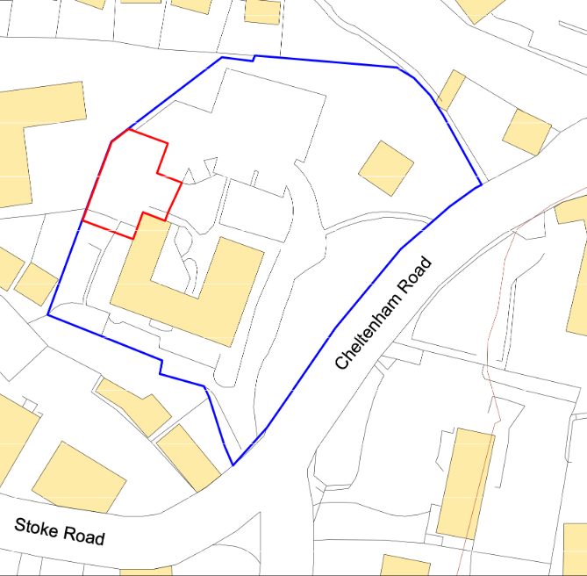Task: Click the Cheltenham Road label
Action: coord(383,313)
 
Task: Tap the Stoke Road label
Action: coord(60,531)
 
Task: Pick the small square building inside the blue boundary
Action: coord(385,168)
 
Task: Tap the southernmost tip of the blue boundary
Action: coord(233,465)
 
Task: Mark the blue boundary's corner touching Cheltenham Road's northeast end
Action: coord(481,185)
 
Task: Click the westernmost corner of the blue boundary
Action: coord(47,315)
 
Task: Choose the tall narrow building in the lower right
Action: coord(466,484)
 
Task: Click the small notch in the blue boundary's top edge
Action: coord(254,59)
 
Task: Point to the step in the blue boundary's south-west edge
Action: coord(161,366)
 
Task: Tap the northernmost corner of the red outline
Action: coord(129,130)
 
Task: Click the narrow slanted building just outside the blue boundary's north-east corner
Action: coord(451,90)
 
